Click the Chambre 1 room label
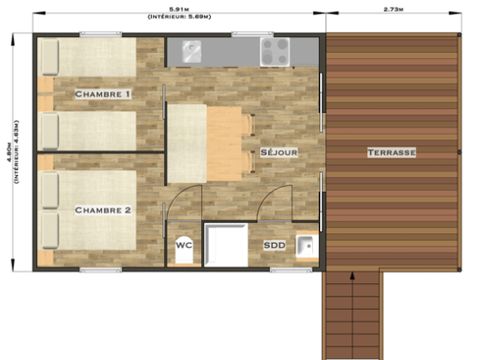pyautogui.click(x=103, y=94)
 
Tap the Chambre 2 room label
pyautogui.click(x=103, y=210)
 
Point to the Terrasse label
pyautogui.click(x=391, y=152)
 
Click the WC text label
pyautogui.click(x=183, y=243)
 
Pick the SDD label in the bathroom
pyautogui.click(x=274, y=244)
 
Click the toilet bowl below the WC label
pyautogui.click(x=183, y=256)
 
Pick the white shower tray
pyautogui.click(x=225, y=245)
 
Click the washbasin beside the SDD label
pyautogui.click(x=306, y=245)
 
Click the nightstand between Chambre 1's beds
pyautogui.click(x=44, y=100)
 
